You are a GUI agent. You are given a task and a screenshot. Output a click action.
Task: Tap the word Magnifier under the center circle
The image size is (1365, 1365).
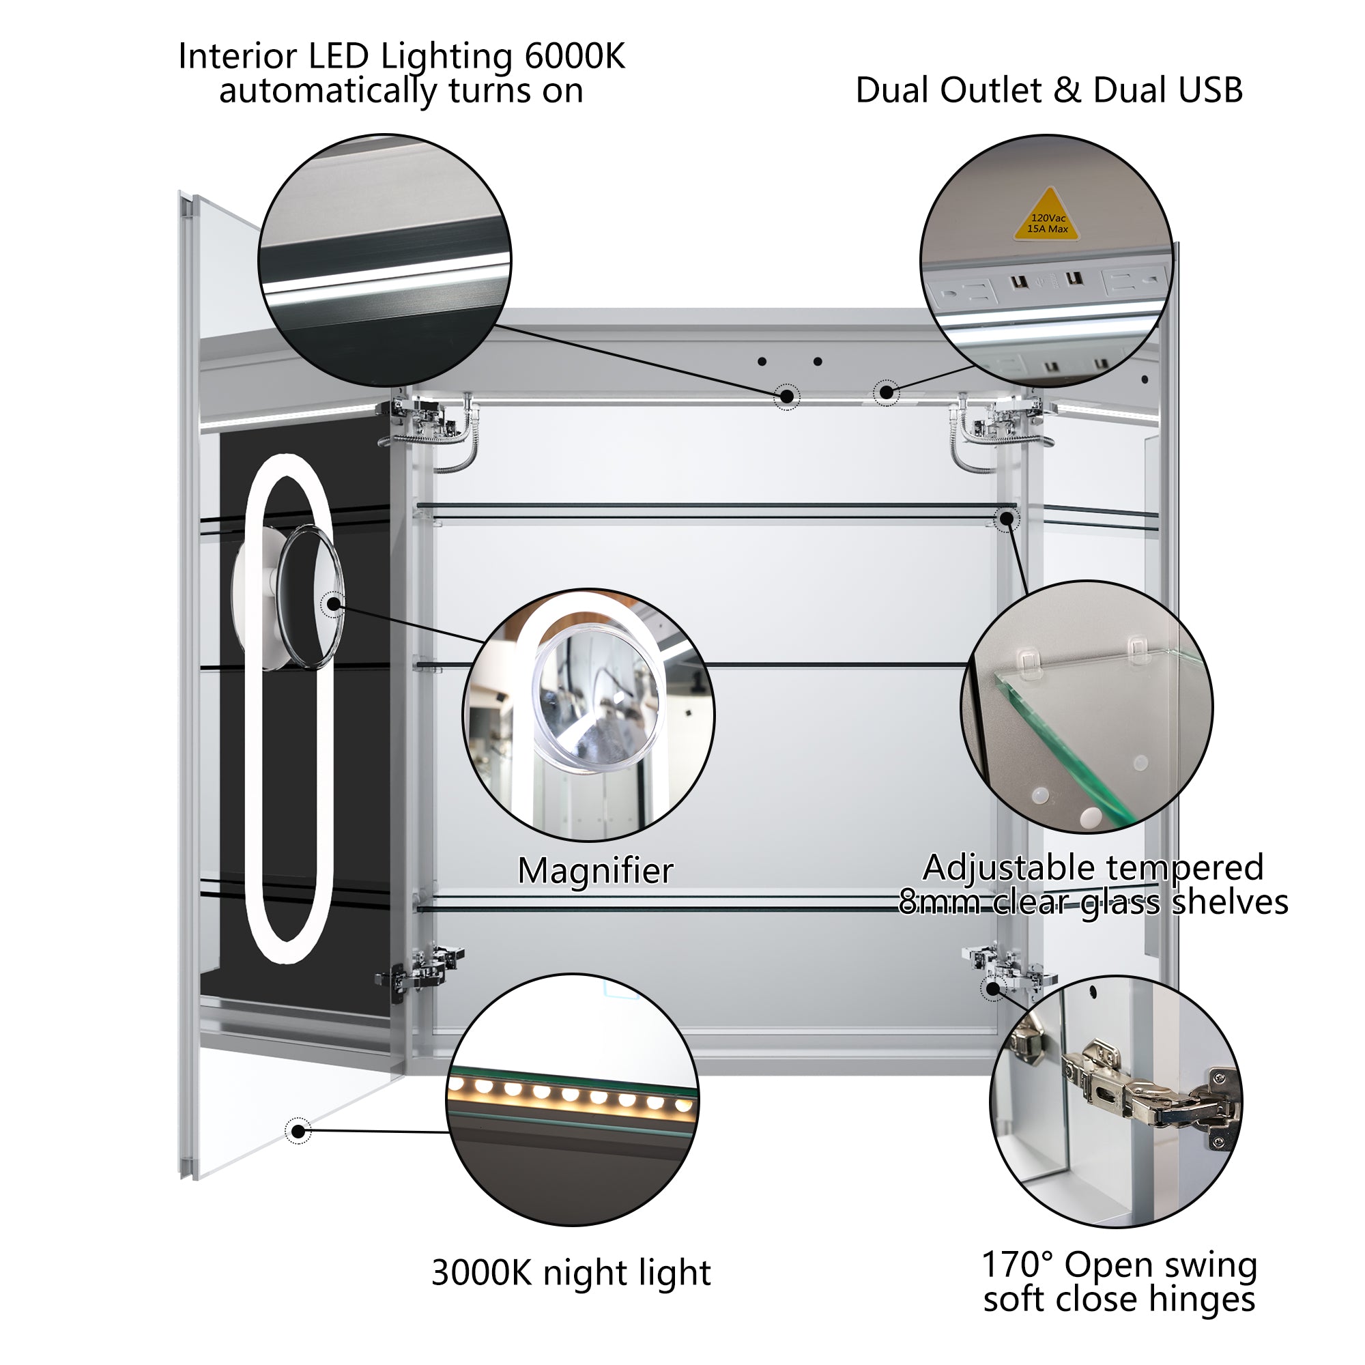[595, 870]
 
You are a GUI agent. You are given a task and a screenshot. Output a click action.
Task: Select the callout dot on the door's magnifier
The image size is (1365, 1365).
[333, 605]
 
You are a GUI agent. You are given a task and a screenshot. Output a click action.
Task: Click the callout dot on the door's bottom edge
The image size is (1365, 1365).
[298, 1132]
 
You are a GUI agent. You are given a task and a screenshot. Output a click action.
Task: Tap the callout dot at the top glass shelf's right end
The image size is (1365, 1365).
[1007, 520]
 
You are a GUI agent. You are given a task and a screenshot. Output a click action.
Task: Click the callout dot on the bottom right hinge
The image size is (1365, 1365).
[992, 988]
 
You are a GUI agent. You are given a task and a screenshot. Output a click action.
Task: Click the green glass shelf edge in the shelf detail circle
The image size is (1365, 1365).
[1060, 749]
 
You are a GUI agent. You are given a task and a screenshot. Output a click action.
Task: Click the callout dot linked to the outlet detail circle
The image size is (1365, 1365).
[886, 393]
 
